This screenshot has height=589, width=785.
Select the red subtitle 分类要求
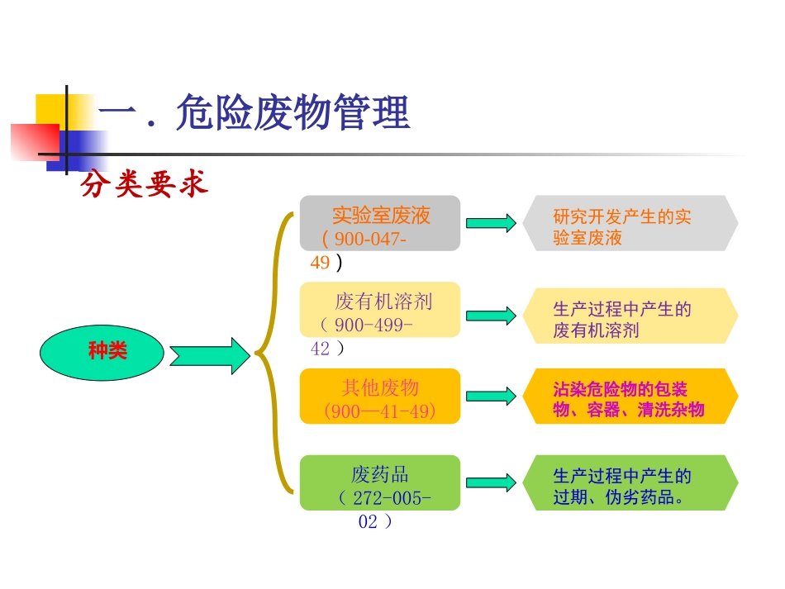[144, 185]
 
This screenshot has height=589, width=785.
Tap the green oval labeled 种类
[107, 351]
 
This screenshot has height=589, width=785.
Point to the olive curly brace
[272, 354]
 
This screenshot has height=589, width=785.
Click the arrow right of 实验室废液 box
[491, 223]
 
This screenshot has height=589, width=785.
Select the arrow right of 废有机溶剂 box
[491, 316]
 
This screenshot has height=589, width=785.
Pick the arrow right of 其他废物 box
[491, 397]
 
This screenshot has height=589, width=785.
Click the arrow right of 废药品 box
[491, 482]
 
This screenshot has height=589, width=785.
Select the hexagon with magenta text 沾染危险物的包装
[630, 397]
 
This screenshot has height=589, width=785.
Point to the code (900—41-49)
[380, 411]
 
